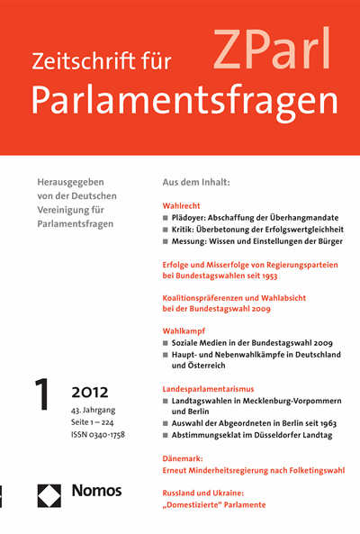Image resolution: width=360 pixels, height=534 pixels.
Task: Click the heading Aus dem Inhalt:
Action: point(195,182)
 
